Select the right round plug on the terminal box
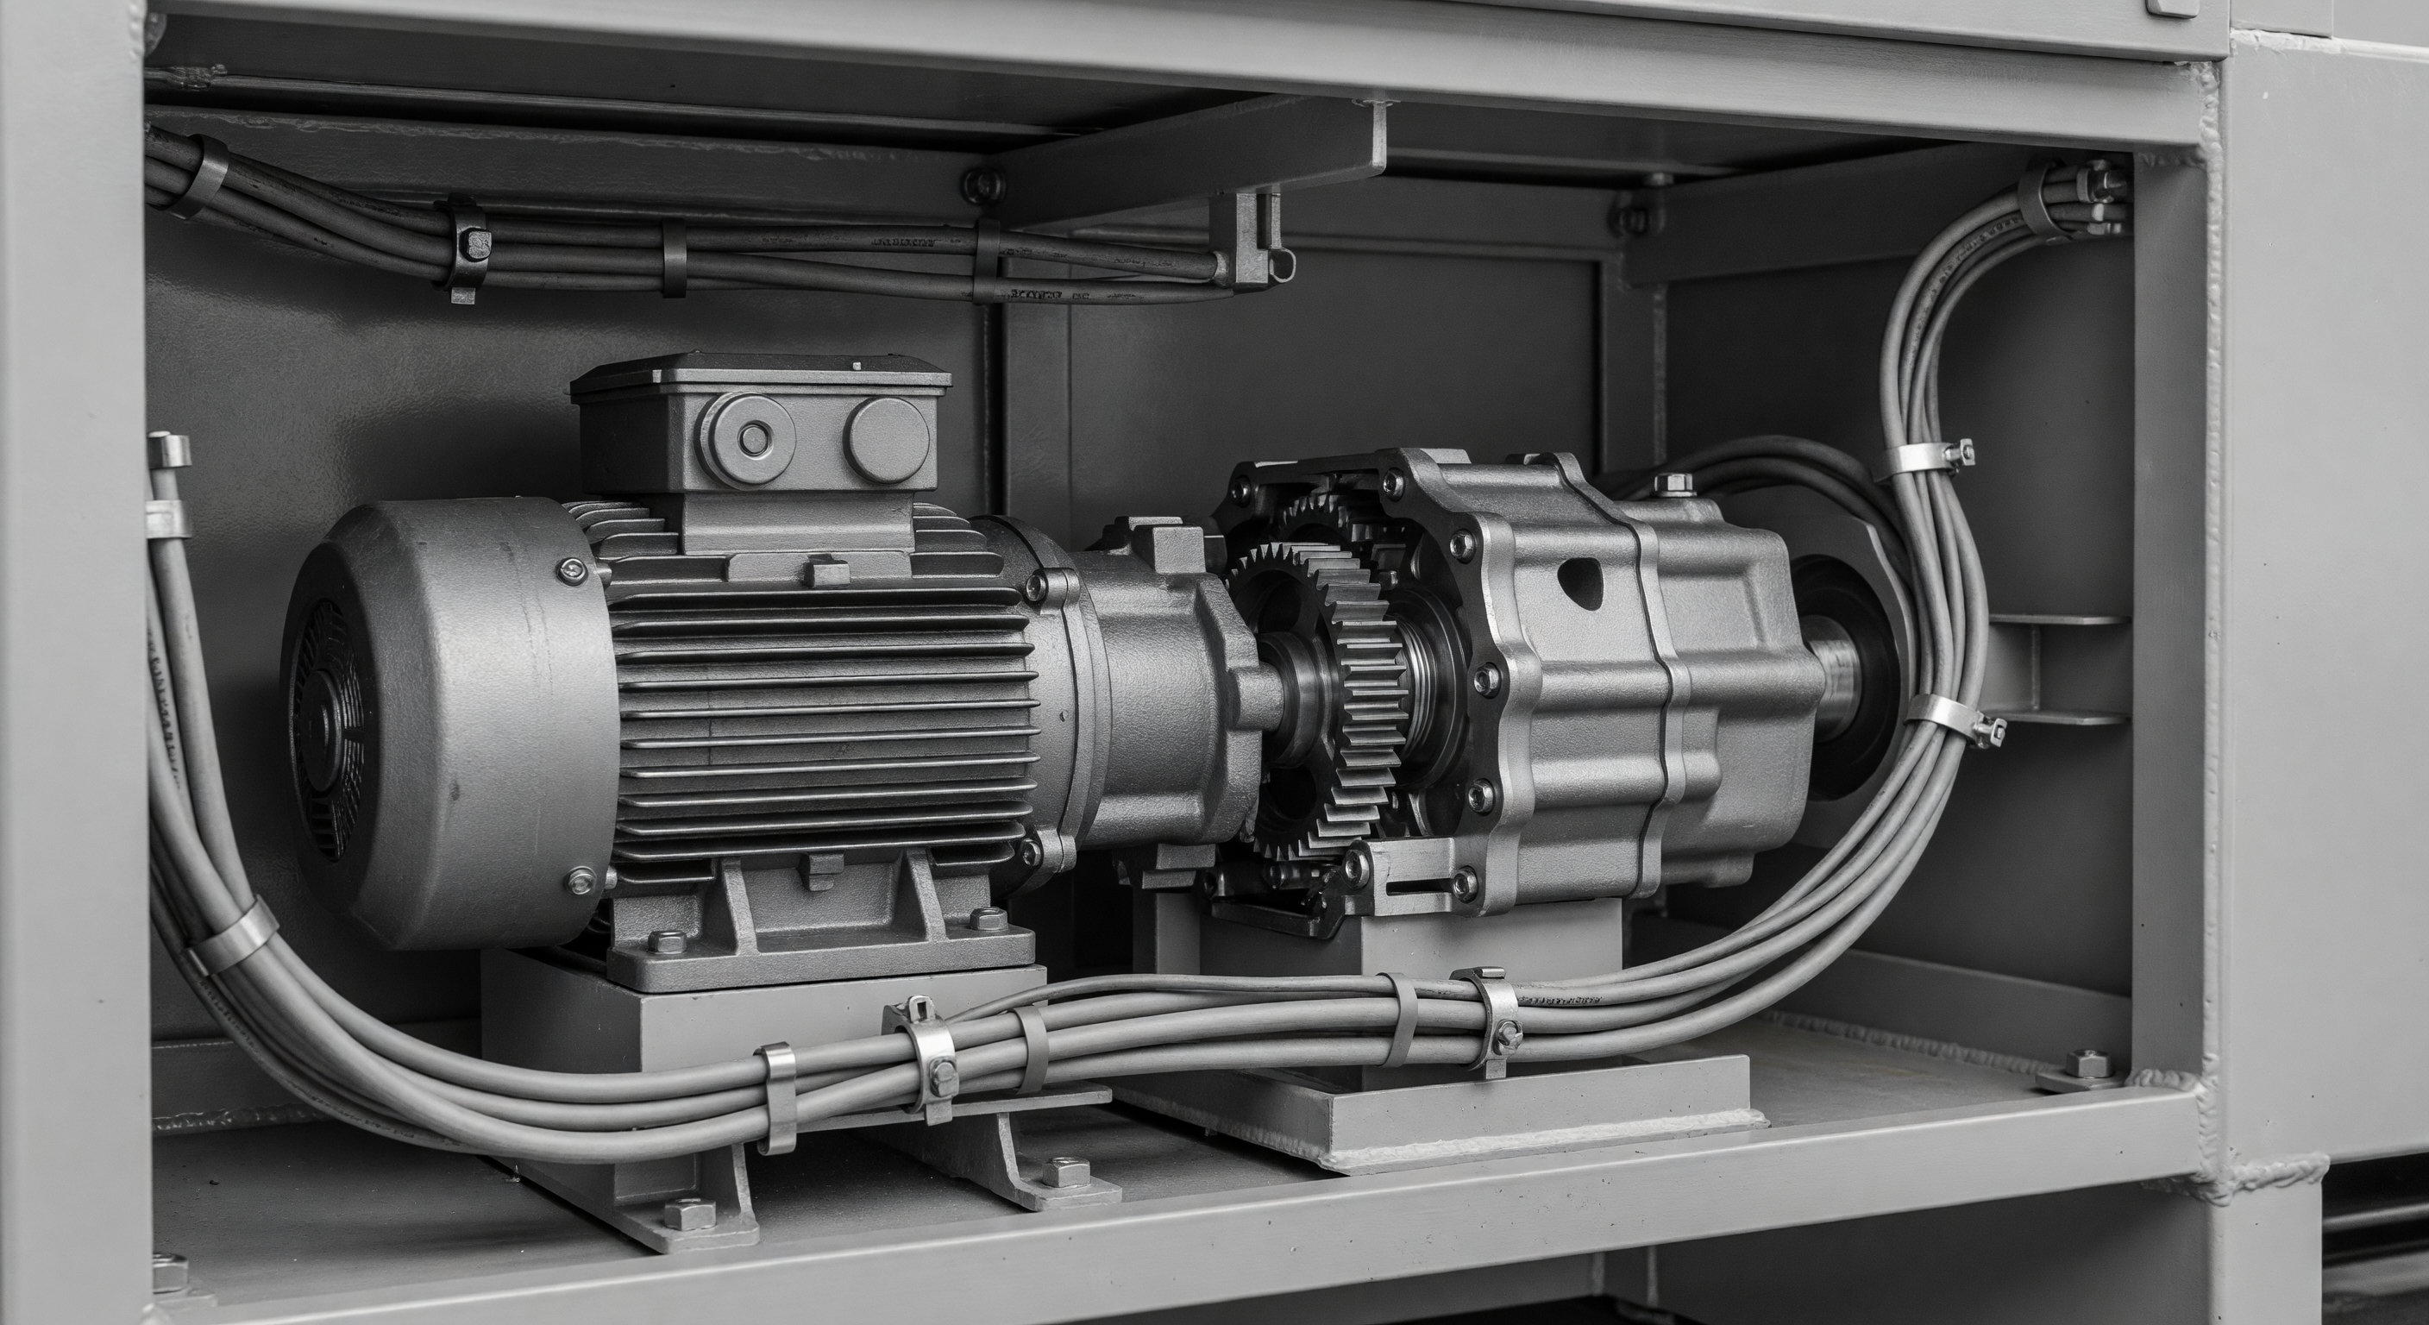pyautogui.click(x=888, y=439)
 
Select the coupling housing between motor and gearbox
pyautogui.click(x=1160, y=698)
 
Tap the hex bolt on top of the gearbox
pyautogui.click(x=1671, y=487)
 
